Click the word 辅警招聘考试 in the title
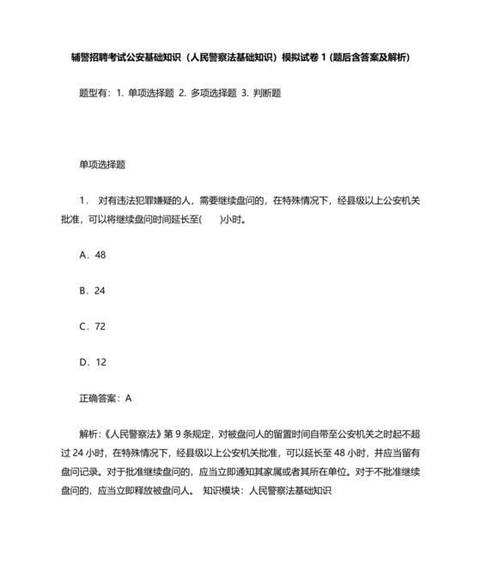point(97,58)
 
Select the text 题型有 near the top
point(94,93)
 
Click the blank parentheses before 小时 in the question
point(210,219)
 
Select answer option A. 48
point(92,255)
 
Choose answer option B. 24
point(92,291)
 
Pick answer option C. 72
point(92,326)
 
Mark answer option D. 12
point(92,362)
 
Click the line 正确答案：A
point(105,398)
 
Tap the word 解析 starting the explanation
point(88,434)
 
